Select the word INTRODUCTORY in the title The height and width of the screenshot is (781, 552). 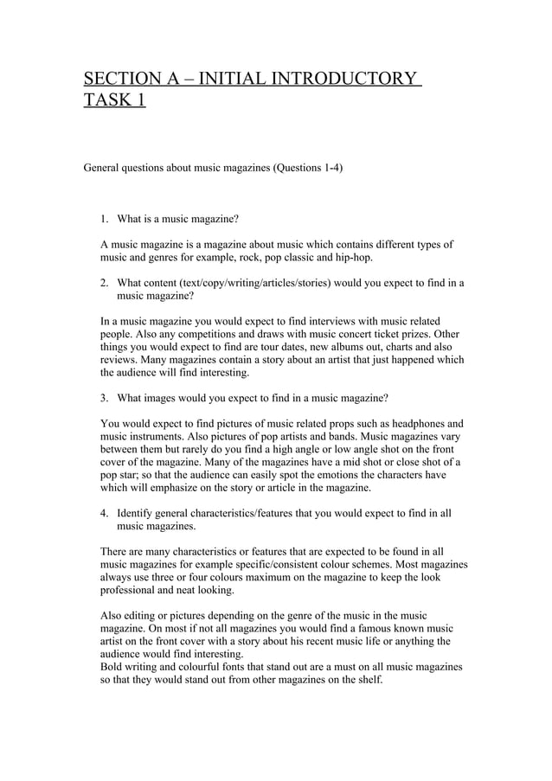click(343, 80)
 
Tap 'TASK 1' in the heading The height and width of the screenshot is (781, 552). click(114, 102)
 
